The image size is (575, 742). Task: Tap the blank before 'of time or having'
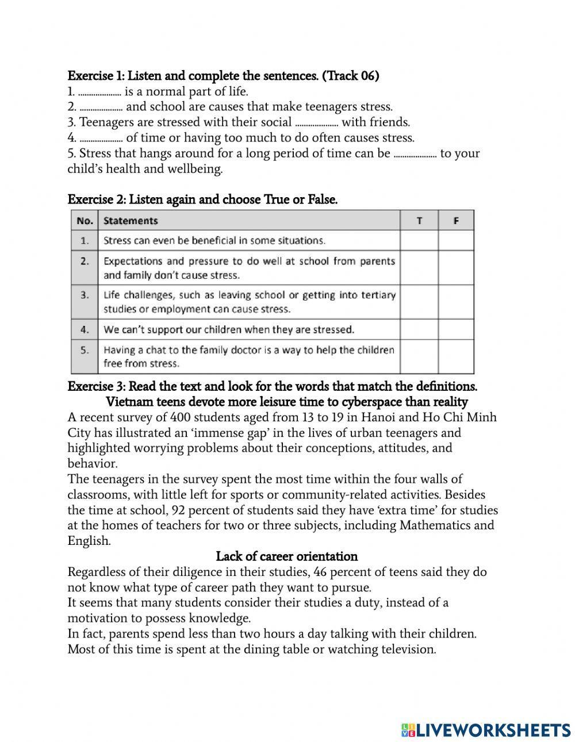pyautogui.click(x=101, y=139)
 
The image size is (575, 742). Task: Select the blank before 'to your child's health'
pyautogui.click(x=415, y=154)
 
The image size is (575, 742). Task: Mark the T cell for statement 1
pyautogui.click(x=419, y=240)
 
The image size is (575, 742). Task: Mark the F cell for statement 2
pyautogui.click(x=455, y=268)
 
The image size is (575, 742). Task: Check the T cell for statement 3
pyautogui.click(x=419, y=302)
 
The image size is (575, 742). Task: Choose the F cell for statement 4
pyautogui.click(x=455, y=329)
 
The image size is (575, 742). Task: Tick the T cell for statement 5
pyautogui.click(x=419, y=356)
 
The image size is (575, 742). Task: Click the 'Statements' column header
pyautogui.click(x=131, y=221)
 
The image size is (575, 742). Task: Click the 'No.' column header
pyautogui.click(x=85, y=221)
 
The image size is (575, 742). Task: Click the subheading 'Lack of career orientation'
pyautogui.click(x=286, y=556)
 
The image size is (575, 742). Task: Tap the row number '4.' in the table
pyautogui.click(x=85, y=329)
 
